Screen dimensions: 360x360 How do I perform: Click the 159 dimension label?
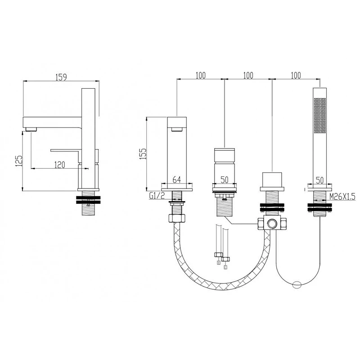(x=61, y=77)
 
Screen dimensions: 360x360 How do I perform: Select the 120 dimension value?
(x=60, y=165)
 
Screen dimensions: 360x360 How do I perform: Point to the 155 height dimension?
(x=143, y=153)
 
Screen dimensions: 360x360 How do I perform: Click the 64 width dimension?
(x=176, y=180)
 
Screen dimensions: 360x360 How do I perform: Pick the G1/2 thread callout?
(x=157, y=196)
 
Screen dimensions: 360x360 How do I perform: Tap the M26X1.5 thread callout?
(x=342, y=197)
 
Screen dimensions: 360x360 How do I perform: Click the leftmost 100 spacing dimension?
(x=201, y=75)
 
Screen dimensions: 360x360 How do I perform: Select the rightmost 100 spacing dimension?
(x=296, y=75)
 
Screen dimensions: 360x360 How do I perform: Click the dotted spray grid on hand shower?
(x=320, y=116)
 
